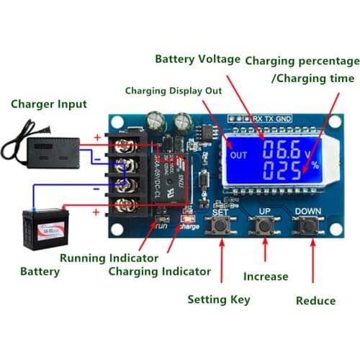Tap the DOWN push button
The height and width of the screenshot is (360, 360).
[308, 227]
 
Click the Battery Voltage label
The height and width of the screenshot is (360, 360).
[197, 60]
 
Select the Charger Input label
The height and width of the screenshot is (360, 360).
[49, 104]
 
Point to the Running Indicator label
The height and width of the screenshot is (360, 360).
[109, 258]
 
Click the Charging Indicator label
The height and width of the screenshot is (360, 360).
[159, 271]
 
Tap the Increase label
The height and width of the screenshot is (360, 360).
[266, 276]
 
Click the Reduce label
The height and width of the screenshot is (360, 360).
[316, 300]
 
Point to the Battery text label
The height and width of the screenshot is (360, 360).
[40, 272]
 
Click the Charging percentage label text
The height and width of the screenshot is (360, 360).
[302, 60]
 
